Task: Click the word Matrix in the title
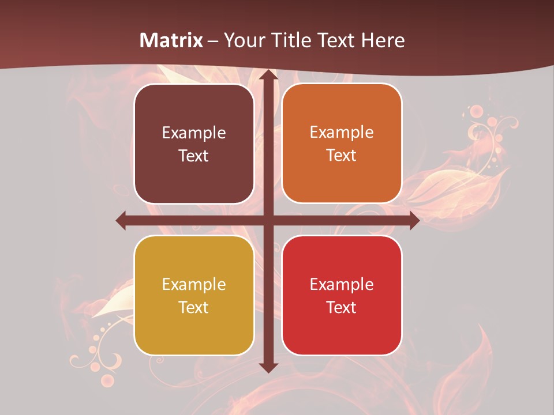(171, 40)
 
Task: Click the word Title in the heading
(286, 40)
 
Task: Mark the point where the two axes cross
(268, 220)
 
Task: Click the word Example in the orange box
(342, 133)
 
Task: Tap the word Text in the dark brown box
(194, 156)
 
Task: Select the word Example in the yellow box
(194, 284)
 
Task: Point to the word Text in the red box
(342, 307)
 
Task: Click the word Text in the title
(337, 40)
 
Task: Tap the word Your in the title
(242, 40)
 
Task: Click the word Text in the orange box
(342, 156)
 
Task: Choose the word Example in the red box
(342, 284)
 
